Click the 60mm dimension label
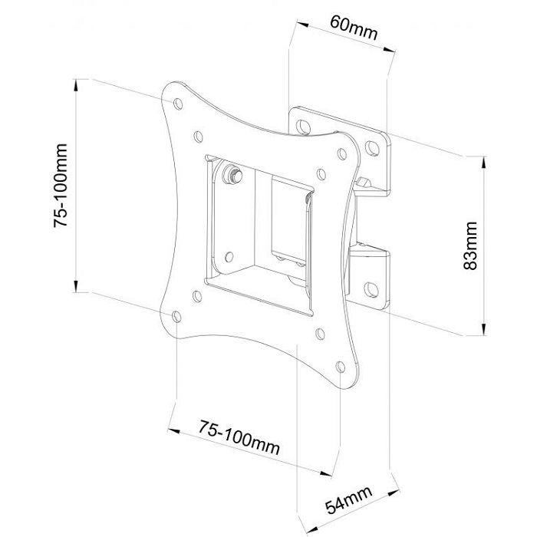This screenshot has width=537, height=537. click(354, 28)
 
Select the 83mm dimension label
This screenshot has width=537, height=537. click(469, 245)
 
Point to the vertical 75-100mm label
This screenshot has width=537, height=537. click(61, 186)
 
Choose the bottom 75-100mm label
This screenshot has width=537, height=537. click(239, 437)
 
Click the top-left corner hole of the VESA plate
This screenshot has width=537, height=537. click(178, 104)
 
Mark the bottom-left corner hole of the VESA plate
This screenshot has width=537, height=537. click(176, 316)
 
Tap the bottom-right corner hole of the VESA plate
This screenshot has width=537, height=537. click(340, 367)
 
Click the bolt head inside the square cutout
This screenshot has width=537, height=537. click(232, 175)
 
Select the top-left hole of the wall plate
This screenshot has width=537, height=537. click(303, 127)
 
